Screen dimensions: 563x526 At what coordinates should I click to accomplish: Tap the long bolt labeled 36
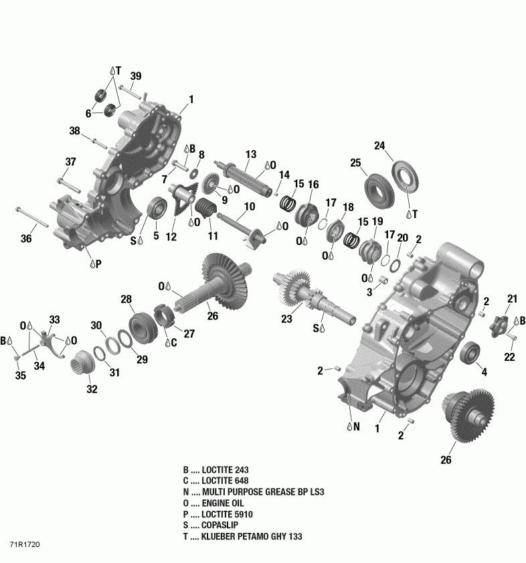(31, 216)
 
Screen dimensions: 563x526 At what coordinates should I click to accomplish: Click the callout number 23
(287, 319)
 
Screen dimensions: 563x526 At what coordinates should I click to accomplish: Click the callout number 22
(509, 357)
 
